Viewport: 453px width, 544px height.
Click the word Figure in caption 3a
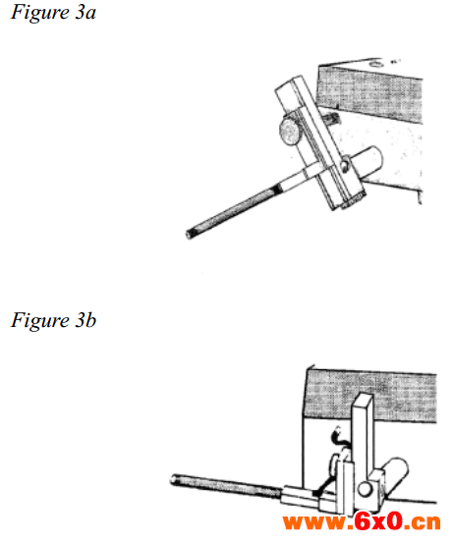point(40,13)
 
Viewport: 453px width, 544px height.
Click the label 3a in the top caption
point(85,13)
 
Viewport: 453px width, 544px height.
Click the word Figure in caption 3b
point(40,320)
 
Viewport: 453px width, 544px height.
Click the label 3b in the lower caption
point(85,320)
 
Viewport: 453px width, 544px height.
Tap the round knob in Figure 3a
point(290,131)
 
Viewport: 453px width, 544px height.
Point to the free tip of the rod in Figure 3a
point(189,235)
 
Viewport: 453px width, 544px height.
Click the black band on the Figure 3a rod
point(277,190)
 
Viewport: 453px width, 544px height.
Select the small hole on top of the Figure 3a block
point(375,64)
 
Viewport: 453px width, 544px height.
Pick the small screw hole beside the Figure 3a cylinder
point(344,165)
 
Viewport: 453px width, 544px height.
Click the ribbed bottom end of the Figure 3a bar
point(353,201)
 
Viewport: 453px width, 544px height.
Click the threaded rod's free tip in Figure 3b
point(174,480)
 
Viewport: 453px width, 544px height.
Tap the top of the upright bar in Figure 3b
point(363,398)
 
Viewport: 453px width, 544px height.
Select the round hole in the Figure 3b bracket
point(365,489)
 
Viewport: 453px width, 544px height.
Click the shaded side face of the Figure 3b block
point(370,396)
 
